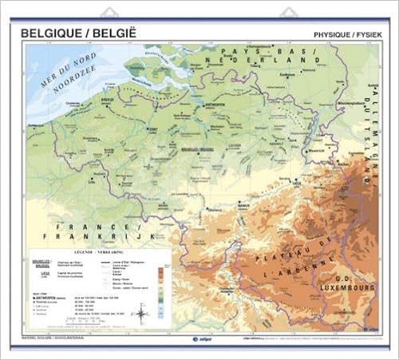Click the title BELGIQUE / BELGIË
81,34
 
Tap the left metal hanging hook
109,13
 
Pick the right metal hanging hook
288,13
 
